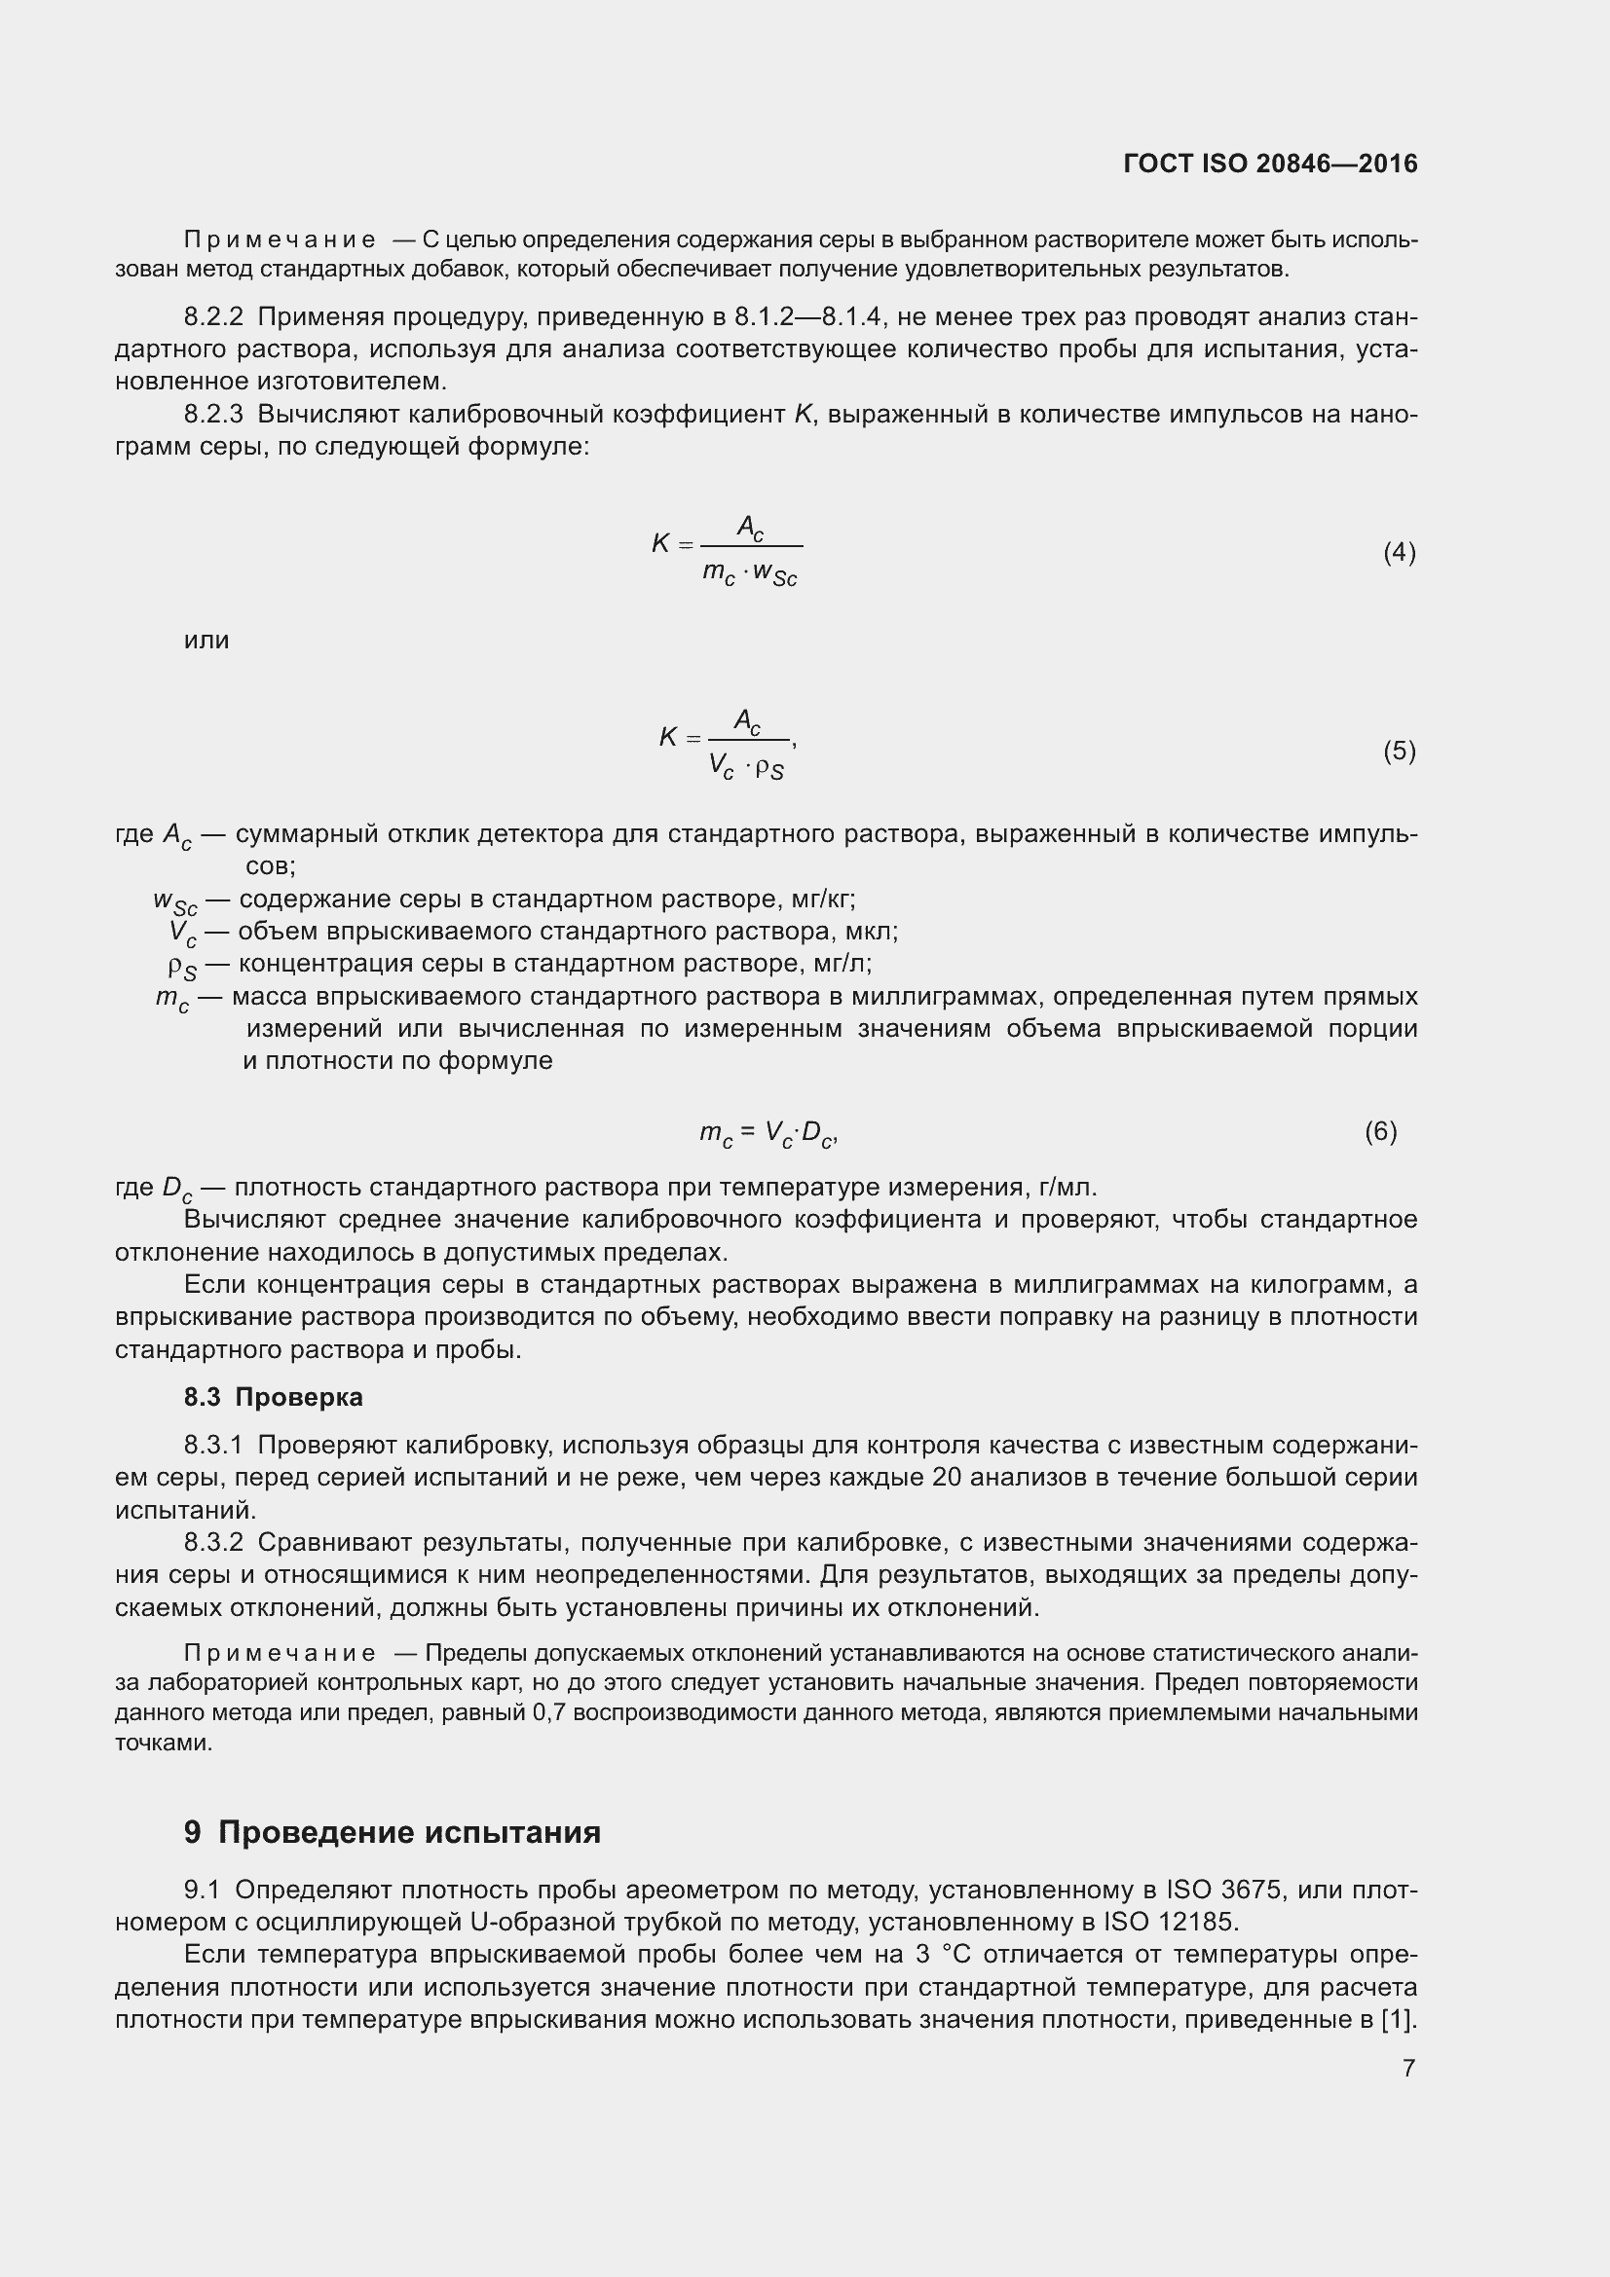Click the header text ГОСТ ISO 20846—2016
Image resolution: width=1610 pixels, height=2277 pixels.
click(1270, 164)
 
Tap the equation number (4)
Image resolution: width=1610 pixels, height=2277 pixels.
click(1399, 552)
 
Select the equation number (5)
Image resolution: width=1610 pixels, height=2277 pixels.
click(1399, 751)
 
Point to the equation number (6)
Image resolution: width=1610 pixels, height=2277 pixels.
click(1380, 1130)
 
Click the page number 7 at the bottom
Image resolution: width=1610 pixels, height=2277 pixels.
click(1408, 2068)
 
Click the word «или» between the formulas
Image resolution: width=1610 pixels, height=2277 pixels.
click(206, 641)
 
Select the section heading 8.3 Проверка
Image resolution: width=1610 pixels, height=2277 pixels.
click(273, 1397)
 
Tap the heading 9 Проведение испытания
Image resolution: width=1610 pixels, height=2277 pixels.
click(392, 1832)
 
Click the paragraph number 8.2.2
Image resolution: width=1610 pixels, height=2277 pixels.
click(213, 317)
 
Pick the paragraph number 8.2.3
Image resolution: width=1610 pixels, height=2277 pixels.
click(213, 415)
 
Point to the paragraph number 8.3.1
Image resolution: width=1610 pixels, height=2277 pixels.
click(213, 1446)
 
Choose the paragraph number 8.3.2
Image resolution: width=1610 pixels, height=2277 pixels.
click(213, 1543)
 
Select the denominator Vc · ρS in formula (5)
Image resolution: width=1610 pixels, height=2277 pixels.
click(746, 766)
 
